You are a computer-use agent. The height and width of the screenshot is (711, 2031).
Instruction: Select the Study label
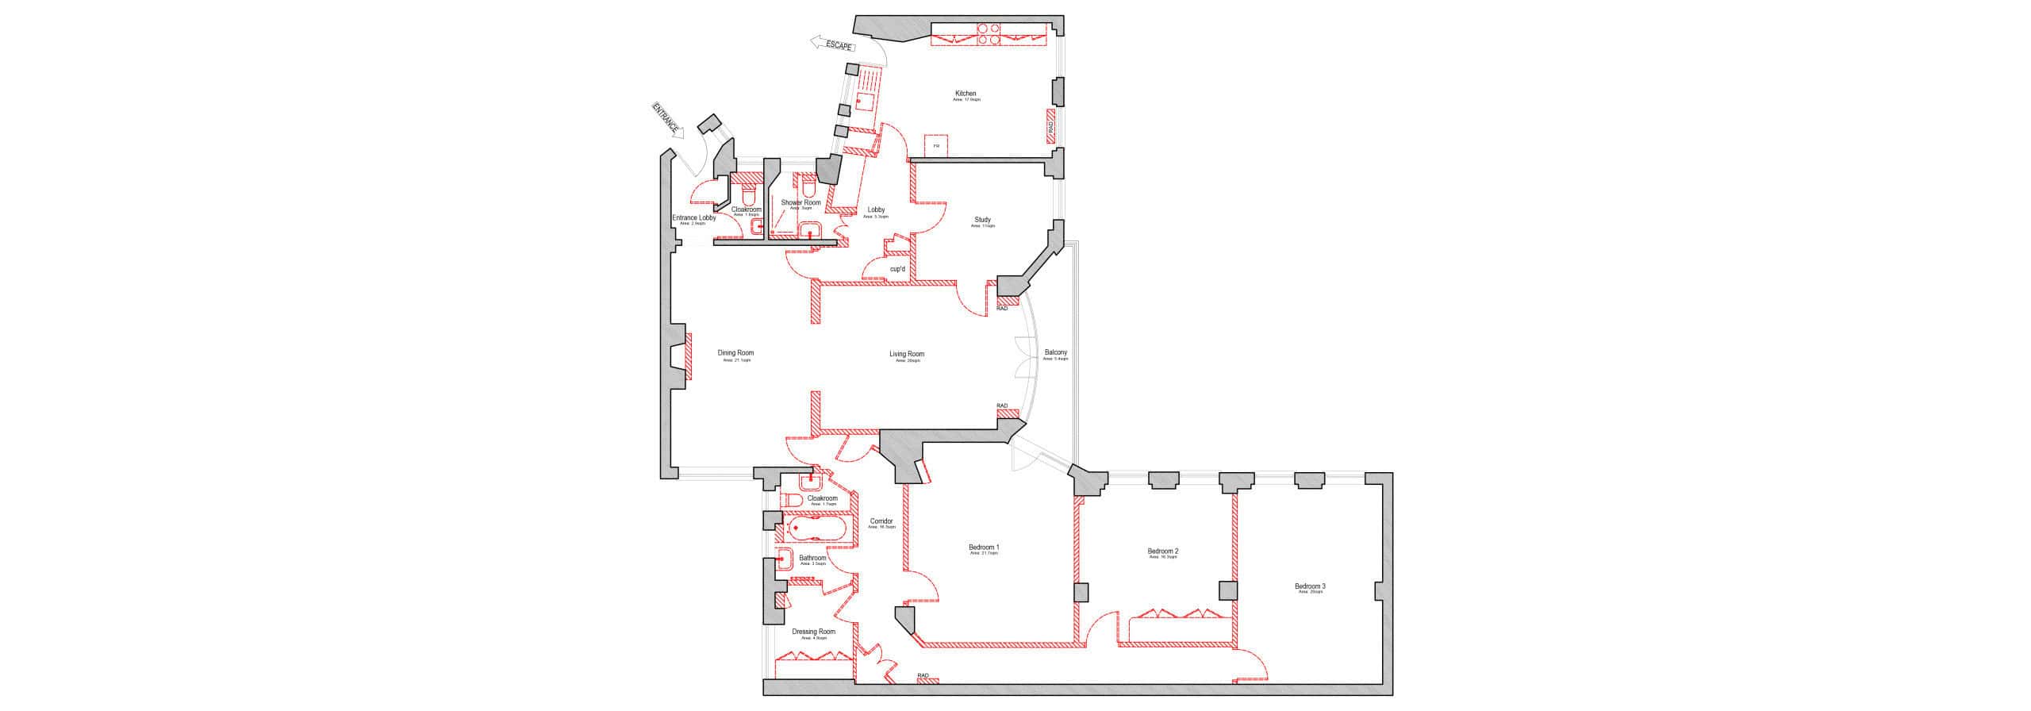click(982, 220)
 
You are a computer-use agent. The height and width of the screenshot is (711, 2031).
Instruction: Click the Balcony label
click(1055, 352)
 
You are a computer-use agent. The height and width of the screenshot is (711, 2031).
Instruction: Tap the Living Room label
click(906, 354)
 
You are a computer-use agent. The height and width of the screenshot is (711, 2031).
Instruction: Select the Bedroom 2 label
click(1163, 551)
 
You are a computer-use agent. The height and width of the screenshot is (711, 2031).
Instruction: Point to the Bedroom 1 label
click(984, 547)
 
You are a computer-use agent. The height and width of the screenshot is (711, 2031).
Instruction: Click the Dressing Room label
click(814, 632)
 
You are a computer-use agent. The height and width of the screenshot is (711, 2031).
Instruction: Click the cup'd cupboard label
click(897, 269)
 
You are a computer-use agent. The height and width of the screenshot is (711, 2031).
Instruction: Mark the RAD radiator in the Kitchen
click(1050, 127)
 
